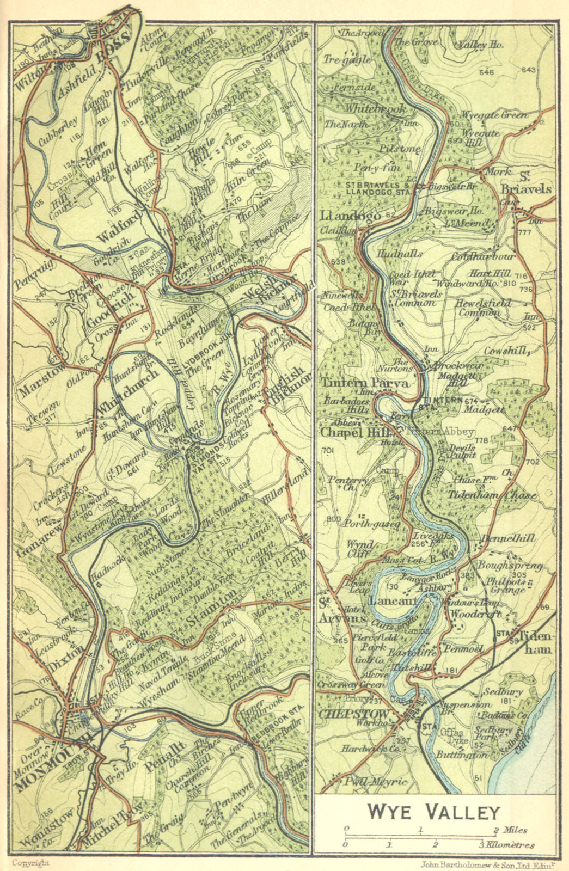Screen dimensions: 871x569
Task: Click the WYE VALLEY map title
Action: coord(433,812)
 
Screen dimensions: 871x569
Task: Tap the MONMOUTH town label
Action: coord(53,760)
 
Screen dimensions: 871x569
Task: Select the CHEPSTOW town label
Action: coord(354,714)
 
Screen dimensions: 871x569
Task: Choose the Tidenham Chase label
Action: coord(492,495)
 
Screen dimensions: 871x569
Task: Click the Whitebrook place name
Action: coord(375,108)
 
